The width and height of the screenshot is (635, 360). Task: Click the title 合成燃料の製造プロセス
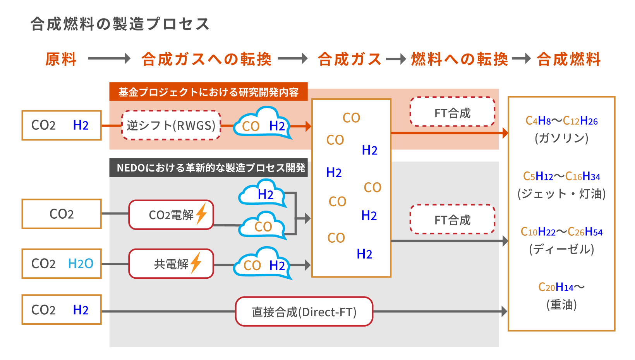tap(120, 24)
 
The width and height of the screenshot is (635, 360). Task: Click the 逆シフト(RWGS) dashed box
tap(171, 125)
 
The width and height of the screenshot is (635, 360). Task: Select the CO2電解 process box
tap(171, 215)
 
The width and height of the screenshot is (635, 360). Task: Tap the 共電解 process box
tap(171, 264)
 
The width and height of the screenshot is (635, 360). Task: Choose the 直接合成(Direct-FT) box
tap(304, 312)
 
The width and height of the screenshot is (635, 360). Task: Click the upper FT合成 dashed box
tap(452, 112)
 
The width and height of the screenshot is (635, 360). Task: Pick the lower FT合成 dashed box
tap(452, 219)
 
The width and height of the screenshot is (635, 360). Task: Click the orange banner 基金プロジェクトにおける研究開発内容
tap(208, 92)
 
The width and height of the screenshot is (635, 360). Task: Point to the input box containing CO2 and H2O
tap(62, 264)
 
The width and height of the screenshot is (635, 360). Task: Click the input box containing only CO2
tap(62, 214)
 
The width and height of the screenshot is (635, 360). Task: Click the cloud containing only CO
tap(263, 226)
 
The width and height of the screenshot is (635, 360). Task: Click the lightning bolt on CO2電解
tap(201, 214)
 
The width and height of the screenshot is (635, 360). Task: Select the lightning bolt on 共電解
tap(196, 263)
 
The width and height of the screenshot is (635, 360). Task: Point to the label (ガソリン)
tap(561, 138)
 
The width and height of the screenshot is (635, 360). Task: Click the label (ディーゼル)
tap(561, 249)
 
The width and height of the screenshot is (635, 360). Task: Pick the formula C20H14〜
tap(561, 287)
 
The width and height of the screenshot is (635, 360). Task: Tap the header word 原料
tap(61, 59)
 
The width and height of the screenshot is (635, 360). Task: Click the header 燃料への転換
tap(459, 59)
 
